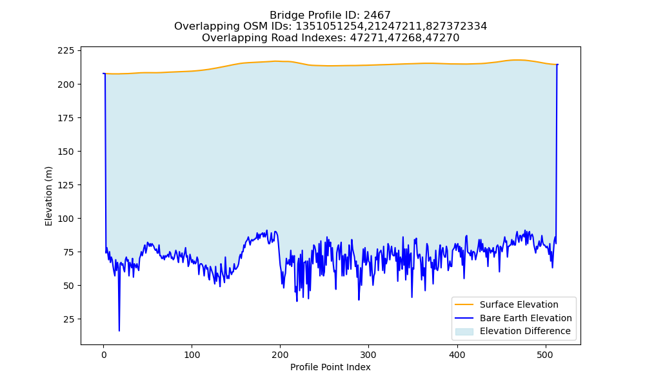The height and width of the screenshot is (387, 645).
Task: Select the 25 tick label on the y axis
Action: [x=70, y=319]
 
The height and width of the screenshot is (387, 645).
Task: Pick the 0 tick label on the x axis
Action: [x=104, y=355]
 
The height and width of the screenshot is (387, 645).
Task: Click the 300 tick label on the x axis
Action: [x=368, y=355]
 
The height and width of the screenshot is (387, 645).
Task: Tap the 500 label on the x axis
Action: [x=546, y=355]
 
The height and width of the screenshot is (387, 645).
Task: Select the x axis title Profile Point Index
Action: [x=330, y=367]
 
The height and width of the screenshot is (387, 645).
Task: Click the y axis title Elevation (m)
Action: [x=48, y=196]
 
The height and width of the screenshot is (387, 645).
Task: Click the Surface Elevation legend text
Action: [x=519, y=304]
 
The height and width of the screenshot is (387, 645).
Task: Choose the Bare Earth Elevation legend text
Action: [x=526, y=318]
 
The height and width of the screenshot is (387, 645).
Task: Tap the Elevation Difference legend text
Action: [x=525, y=331]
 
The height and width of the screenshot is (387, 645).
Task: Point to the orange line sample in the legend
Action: [x=464, y=304]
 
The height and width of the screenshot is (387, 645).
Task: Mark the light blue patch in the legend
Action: [x=464, y=332]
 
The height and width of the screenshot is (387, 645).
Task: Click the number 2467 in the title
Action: [x=377, y=15]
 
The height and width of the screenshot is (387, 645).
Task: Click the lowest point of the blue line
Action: [x=119, y=331]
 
